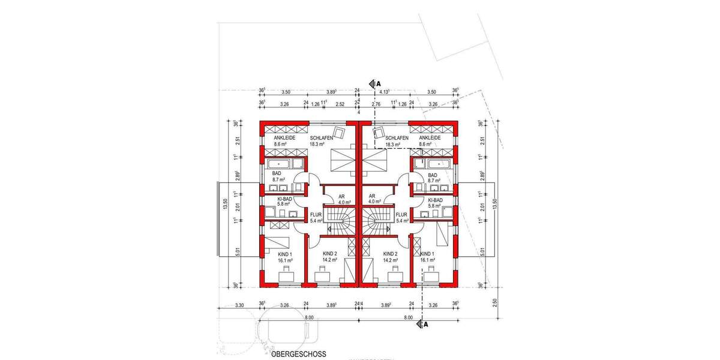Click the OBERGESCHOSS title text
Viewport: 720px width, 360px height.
point(298,354)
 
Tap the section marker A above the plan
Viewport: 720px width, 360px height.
point(379,83)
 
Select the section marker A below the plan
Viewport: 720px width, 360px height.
point(426,325)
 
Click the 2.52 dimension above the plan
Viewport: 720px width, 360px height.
point(340,104)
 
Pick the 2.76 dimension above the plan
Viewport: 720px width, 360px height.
point(377,104)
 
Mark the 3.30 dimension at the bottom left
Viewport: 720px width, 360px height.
point(239,305)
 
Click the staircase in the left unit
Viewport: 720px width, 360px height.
point(340,221)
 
